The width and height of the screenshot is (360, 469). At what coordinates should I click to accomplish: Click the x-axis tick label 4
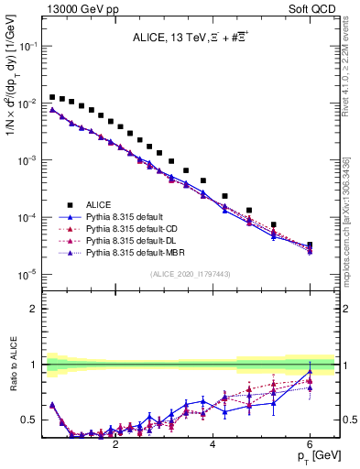[x=213, y=442]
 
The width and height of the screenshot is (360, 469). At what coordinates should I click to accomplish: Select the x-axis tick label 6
[x=310, y=442]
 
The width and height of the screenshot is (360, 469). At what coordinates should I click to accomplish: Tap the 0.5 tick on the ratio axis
[x=32, y=420]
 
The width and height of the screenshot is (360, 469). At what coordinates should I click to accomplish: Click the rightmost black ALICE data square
[x=310, y=245]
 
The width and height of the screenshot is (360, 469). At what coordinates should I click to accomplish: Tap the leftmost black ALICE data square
[x=52, y=96]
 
